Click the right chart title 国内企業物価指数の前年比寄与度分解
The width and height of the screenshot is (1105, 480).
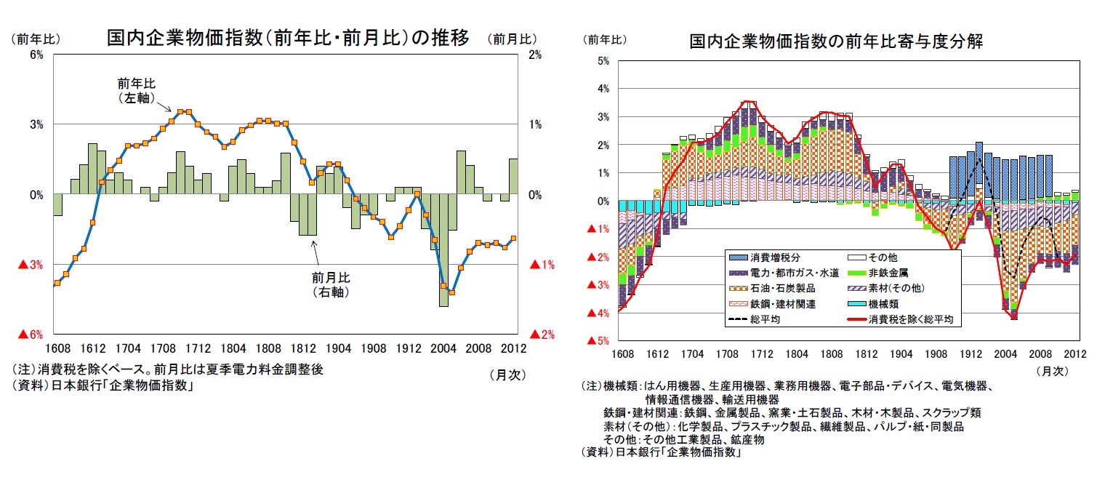tap(836, 41)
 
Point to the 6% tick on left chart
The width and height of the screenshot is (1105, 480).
tap(36, 55)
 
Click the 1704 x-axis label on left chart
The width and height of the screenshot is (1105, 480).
tap(128, 348)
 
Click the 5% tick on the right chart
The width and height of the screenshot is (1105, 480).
tap(602, 61)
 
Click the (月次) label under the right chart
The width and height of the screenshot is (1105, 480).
tap(1052, 371)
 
